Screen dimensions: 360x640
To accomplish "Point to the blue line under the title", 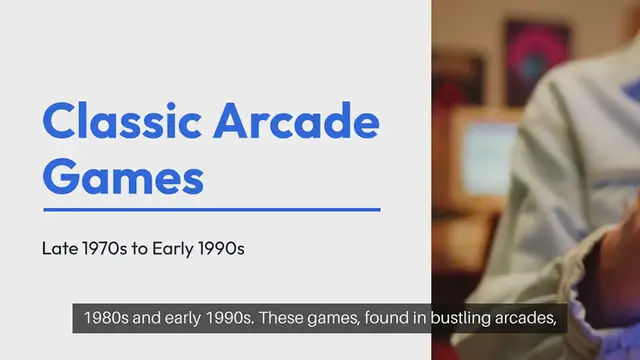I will (x=211, y=210).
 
